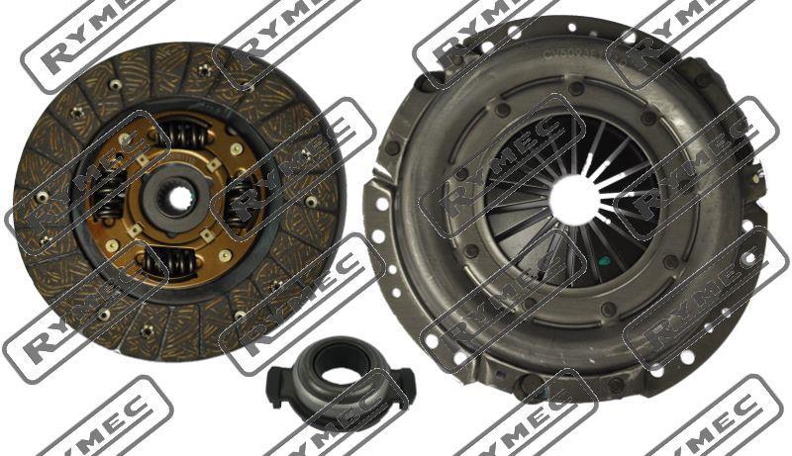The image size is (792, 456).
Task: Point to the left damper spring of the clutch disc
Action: click(112, 193)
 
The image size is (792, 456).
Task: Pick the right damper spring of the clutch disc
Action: click(242, 201)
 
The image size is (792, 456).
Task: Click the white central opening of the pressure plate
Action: click(573, 199)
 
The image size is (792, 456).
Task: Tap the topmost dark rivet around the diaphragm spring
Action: click(574, 89)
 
